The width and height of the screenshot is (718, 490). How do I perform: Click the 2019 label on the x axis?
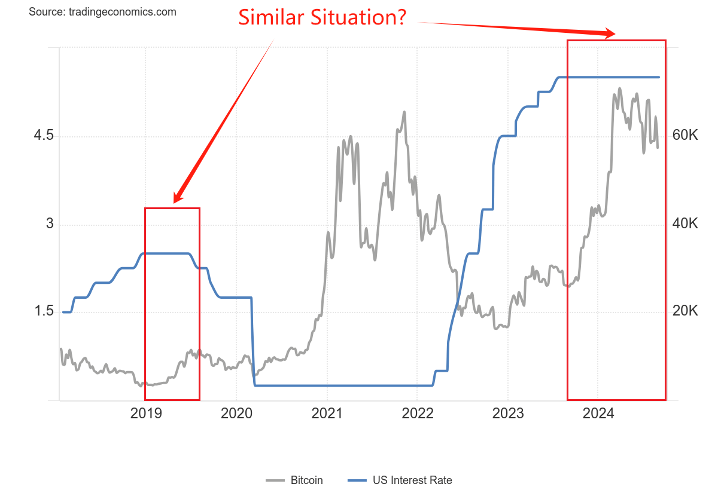(x=146, y=414)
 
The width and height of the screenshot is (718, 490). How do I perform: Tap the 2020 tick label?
(x=236, y=414)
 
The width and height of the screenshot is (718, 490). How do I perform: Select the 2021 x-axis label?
(x=327, y=414)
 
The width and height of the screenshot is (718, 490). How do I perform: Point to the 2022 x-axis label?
(x=418, y=414)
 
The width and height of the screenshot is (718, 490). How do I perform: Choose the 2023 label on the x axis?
(x=508, y=414)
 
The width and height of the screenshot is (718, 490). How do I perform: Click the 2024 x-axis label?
(x=598, y=414)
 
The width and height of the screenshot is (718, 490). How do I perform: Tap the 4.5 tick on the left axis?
(x=44, y=136)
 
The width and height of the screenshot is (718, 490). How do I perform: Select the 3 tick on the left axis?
(x=50, y=224)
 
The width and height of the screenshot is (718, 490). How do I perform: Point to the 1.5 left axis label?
(x=44, y=312)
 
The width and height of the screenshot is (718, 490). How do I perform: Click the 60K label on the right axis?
(x=685, y=136)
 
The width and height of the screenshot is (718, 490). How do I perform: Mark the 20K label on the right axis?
(x=685, y=311)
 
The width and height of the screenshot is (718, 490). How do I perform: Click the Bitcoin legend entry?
(x=306, y=480)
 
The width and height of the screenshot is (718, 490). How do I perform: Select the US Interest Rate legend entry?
(x=412, y=480)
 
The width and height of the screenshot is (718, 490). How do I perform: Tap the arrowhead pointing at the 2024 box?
(x=610, y=33)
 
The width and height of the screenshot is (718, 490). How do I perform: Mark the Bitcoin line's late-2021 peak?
(x=404, y=112)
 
